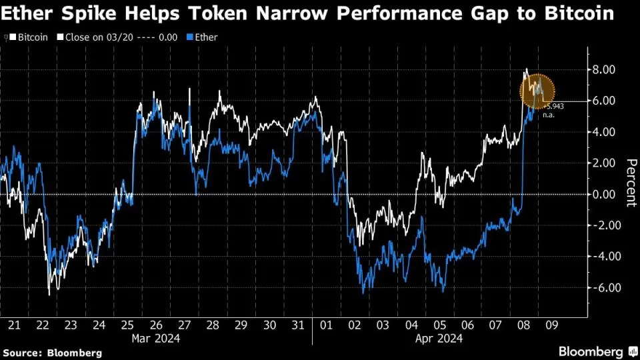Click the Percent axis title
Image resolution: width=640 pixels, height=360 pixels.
tap(629, 183)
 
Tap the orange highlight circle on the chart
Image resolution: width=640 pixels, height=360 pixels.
tap(537, 91)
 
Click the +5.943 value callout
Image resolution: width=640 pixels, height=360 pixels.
tap(553, 106)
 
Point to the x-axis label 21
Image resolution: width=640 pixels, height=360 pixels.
tap(14, 325)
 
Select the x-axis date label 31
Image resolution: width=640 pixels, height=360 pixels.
tap(298, 325)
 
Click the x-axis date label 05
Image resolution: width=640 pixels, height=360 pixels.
tap(440, 325)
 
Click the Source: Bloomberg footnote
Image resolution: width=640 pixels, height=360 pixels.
tap(52, 352)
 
